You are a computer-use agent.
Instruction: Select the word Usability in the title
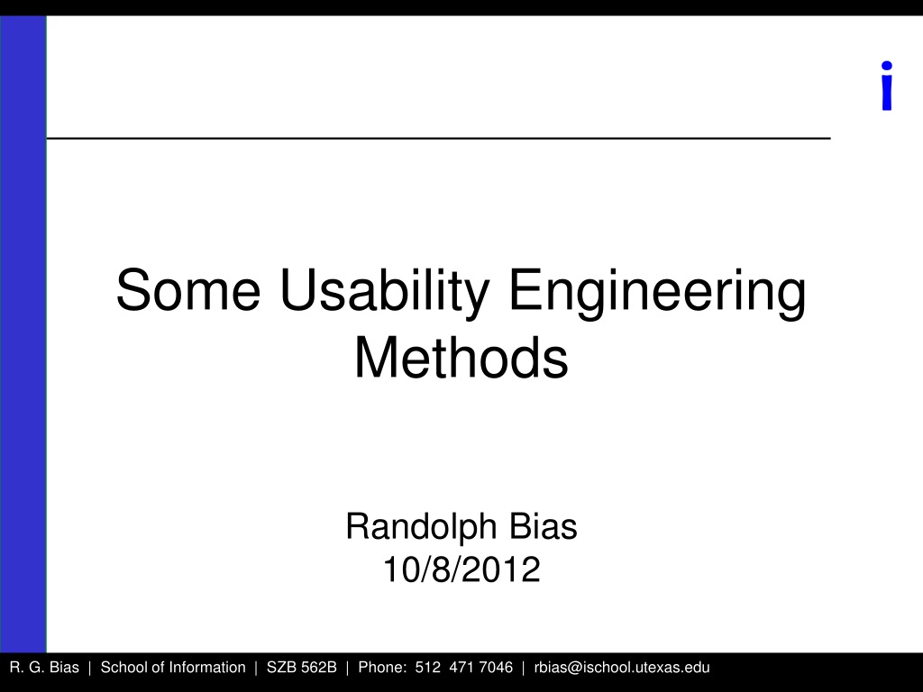pos(385,294)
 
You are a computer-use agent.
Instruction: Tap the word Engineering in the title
pos(657,294)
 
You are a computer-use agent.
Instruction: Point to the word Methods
pos(461,358)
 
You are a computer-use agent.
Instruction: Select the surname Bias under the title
pos(544,526)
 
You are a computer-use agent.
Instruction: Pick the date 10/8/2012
pos(461,569)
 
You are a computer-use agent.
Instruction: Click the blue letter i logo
pos(887,86)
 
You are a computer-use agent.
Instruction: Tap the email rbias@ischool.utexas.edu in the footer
pos(622,668)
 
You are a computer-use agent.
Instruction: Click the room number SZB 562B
pos(301,668)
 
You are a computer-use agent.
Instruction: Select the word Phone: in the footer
pos(382,668)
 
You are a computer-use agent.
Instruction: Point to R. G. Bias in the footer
pos(44,668)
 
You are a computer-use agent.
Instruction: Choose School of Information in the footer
pos(173,668)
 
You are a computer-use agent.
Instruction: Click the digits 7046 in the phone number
pos(496,668)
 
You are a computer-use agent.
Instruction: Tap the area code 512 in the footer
pos(428,668)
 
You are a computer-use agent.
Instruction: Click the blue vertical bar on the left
pos(23,333)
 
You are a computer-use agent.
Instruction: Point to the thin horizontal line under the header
pos(439,138)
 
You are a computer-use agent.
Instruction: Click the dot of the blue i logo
pos(887,66)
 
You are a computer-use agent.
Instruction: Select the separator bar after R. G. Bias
pos(89,668)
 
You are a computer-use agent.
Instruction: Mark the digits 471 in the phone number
pos(461,668)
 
